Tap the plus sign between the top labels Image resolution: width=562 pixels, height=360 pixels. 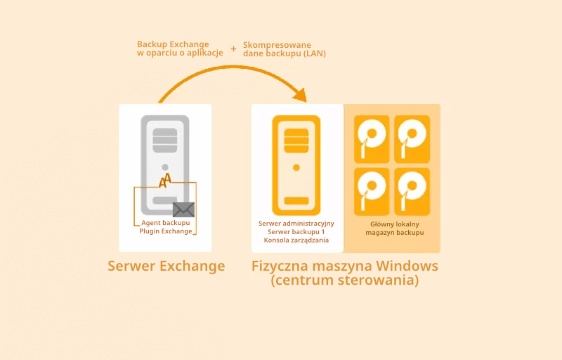point(233,49)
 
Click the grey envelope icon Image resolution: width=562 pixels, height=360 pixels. point(183,210)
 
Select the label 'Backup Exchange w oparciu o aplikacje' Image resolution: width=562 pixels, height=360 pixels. point(180,49)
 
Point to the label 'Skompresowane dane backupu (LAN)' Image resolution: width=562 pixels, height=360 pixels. point(285,49)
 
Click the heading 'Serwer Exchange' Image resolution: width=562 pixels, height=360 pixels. point(166,266)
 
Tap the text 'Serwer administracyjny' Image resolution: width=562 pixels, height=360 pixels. point(296,224)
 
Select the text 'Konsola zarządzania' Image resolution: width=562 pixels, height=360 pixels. point(296,240)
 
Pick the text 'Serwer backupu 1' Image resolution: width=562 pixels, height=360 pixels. point(296,232)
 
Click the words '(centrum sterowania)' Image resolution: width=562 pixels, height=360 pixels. point(345,281)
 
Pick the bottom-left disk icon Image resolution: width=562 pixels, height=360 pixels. point(372,191)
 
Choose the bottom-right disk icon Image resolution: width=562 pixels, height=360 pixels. point(412,191)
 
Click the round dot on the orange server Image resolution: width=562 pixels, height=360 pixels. point(296,167)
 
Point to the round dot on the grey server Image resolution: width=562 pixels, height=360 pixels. point(164,167)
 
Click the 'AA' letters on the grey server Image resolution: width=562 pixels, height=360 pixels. point(165,181)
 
